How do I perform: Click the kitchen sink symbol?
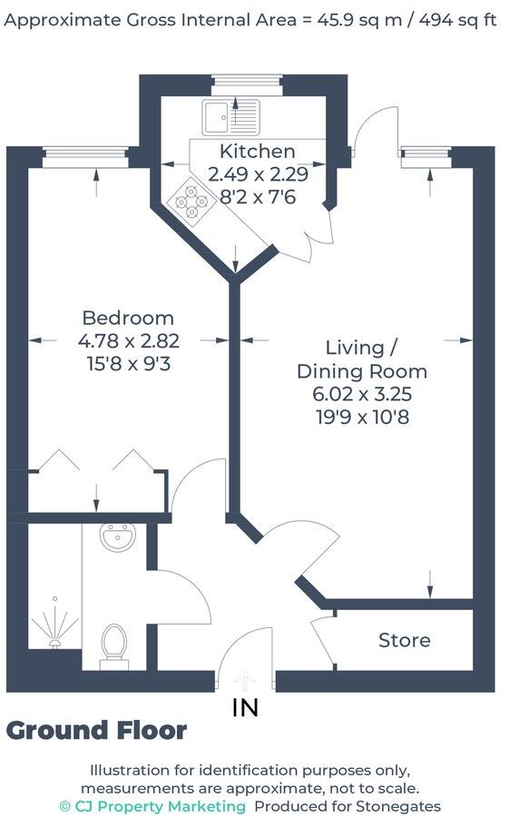tap(231, 117)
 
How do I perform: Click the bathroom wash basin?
tap(117, 538)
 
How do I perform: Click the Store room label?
tap(405, 640)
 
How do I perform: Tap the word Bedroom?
tap(128, 318)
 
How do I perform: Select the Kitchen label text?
tap(244, 152)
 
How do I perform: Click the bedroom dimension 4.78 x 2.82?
tap(129, 341)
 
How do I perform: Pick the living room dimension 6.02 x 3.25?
tap(362, 395)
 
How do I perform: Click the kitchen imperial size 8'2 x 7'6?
tap(244, 196)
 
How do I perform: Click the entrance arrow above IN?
tap(246, 681)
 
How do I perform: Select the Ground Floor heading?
tap(96, 731)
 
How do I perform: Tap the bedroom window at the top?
tap(84, 156)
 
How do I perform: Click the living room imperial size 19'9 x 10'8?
tap(362, 418)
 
